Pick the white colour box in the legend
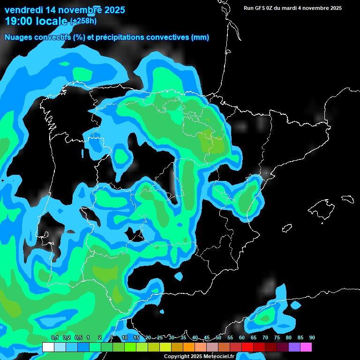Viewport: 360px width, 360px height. point(48,347)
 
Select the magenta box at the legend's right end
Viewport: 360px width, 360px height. point(306,347)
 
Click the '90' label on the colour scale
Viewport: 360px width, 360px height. point(312,338)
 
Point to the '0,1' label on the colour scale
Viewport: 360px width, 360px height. point(54,338)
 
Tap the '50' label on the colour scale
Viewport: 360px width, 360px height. point(218,338)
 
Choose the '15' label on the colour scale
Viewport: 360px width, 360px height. point(136,338)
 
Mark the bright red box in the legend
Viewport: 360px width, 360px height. point(247,347)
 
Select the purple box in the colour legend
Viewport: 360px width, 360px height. point(294,347)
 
